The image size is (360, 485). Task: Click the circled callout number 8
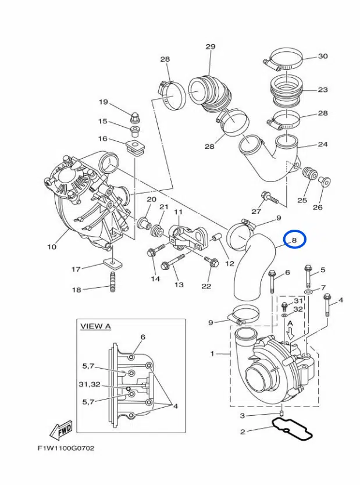[x=294, y=240]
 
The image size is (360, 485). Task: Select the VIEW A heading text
[x=95, y=326]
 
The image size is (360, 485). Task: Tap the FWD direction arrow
[x=61, y=430]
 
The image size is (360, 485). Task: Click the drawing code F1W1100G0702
[x=66, y=448]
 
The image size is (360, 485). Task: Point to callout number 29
[x=210, y=47]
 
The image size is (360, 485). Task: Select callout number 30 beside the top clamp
[x=323, y=56]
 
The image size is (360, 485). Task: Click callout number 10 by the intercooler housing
[x=52, y=247]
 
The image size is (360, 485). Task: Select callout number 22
[x=207, y=286]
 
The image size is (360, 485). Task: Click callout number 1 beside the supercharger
[x=212, y=353]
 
